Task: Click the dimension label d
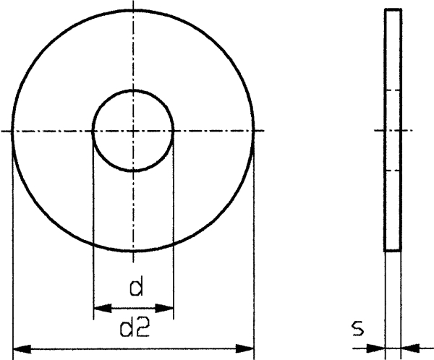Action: [x=134, y=288]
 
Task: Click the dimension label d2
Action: [x=134, y=330]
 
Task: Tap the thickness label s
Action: [x=357, y=329]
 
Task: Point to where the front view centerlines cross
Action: [x=133, y=131]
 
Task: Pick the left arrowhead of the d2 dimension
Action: [x=19, y=350]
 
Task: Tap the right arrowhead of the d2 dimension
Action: [x=249, y=350]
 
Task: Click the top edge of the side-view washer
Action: [x=393, y=10]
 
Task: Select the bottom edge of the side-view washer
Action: [x=393, y=250]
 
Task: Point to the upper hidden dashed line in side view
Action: [x=393, y=90]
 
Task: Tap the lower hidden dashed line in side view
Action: [x=393, y=171]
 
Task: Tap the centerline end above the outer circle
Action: [x=133, y=4]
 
